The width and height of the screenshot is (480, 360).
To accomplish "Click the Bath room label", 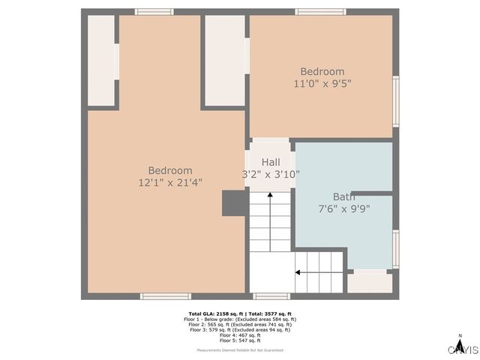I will [x=344, y=196].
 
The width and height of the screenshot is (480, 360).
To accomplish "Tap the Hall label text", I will [x=271, y=162].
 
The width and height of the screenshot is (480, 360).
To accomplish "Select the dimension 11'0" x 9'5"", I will [x=322, y=84].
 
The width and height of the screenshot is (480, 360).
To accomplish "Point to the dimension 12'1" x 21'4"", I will [x=170, y=182].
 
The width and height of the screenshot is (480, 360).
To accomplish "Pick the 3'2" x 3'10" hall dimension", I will [x=271, y=174].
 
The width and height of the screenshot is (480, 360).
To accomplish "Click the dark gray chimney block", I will [x=233, y=202].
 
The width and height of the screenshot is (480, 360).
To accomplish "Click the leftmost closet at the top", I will [x=100, y=60].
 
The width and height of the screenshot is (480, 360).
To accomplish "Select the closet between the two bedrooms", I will [x=224, y=60].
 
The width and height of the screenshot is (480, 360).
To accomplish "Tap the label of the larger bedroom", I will [x=170, y=170].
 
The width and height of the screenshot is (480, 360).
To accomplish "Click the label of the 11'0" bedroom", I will [x=322, y=72].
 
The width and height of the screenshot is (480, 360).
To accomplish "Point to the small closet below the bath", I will [x=369, y=282].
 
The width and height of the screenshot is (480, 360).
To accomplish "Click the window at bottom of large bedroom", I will [x=166, y=296].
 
